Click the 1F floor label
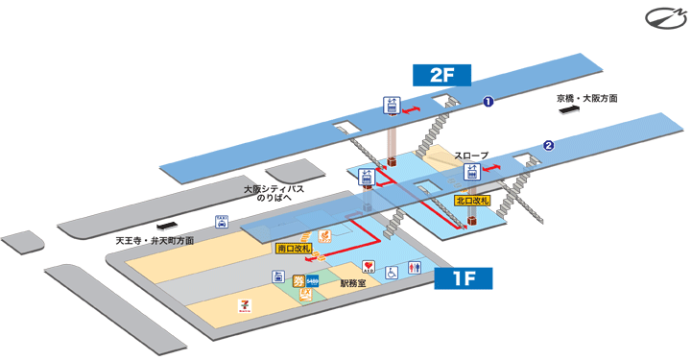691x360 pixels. (x=464, y=279)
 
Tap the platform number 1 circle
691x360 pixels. (x=488, y=100)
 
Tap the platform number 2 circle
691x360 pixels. (x=549, y=146)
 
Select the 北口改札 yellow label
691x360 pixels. (x=472, y=202)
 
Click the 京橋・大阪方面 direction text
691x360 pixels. (x=586, y=98)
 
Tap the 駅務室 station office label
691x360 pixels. (x=355, y=284)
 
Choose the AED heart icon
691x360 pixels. (x=368, y=266)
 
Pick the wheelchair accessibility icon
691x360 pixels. (x=392, y=273)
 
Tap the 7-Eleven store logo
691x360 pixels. (x=244, y=305)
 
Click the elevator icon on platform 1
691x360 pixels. (x=392, y=107)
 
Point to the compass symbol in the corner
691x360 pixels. (x=662, y=17)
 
